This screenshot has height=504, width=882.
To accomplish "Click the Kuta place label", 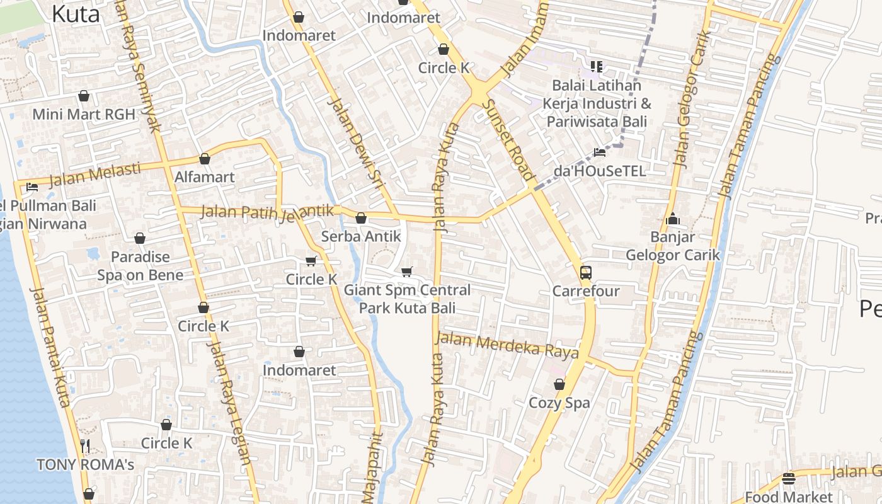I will [x=76, y=13].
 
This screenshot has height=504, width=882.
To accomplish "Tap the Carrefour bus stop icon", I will [x=586, y=273].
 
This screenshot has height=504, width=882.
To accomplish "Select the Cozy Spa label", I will [x=559, y=403].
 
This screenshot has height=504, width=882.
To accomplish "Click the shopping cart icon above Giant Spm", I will [x=407, y=272].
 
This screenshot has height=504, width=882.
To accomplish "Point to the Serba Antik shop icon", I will [x=361, y=219].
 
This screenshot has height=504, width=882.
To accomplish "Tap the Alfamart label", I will [x=204, y=177].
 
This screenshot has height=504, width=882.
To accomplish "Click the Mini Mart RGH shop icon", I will [x=83, y=96].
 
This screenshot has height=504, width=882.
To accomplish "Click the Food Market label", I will [x=788, y=497].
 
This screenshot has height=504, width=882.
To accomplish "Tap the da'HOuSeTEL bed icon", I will [x=600, y=152].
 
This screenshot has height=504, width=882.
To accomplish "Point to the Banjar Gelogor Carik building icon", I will [x=673, y=219].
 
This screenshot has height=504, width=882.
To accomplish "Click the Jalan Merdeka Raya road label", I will [x=507, y=346].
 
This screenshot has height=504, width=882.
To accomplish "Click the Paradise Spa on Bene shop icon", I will [x=140, y=238].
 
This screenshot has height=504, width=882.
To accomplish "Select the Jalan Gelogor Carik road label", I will [x=690, y=101].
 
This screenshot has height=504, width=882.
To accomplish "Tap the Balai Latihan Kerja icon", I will [x=597, y=66].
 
